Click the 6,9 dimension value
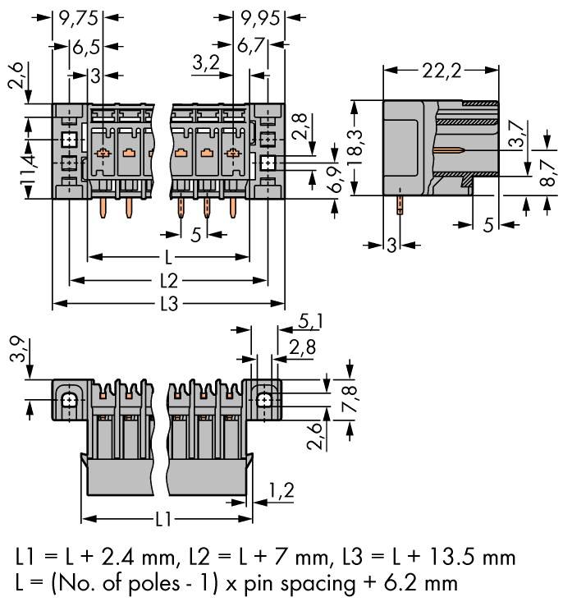click(x=334, y=180)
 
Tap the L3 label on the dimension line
click(x=168, y=304)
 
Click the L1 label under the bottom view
click(x=162, y=519)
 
